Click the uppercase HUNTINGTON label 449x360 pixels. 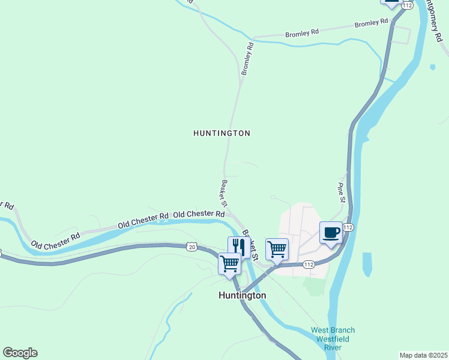tap(221, 133)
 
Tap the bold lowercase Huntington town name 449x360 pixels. tap(242, 295)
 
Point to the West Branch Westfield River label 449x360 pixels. tap(333, 338)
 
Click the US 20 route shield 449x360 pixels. tap(191, 247)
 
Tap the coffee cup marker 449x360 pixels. tap(331, 233)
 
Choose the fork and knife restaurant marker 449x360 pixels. tap(239, 246)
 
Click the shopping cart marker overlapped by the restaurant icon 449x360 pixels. tap(229, 264)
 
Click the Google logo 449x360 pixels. tap(20, 353)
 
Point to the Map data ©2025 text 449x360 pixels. tap(423, 355)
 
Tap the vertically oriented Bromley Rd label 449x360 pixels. tap(247, 58)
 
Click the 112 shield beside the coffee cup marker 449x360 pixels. tap(348, 227)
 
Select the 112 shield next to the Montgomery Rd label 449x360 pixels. tap(407, 5)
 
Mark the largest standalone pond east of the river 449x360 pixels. tap(367, 264)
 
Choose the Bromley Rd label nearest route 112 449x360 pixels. tap(372, 23)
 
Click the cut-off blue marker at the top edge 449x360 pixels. tap(391, 3)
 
